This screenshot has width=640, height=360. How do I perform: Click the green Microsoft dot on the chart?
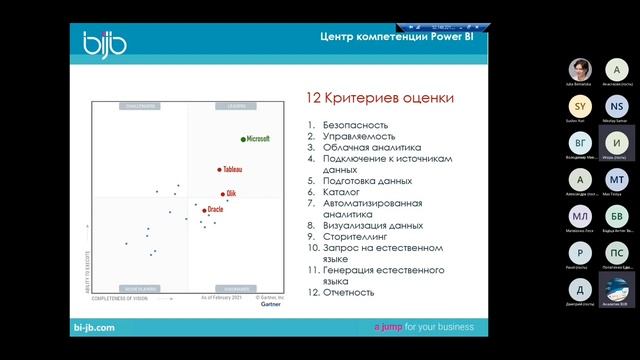pos(243,139)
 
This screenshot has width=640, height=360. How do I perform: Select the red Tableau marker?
pos(220,170)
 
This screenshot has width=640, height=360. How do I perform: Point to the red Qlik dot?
pos(222,194)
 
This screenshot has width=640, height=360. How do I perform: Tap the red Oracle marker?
pos(204,210)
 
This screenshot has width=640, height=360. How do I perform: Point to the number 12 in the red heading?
pos(314,98)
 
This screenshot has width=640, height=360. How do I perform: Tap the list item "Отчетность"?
pos(349,292)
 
